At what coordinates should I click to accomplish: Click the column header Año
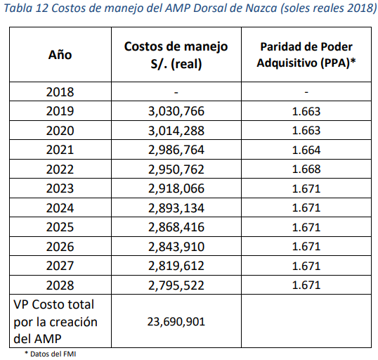tap(60, 55)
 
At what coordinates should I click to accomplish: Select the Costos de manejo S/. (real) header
tap(176, 55)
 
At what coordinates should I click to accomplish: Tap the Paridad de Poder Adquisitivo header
tap(306, 55)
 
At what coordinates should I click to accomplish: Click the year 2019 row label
tap(60, 111)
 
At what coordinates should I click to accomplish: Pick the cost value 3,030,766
tap(176, 111)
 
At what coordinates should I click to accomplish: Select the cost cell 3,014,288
tap(176, 131)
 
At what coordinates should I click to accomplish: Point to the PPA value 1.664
tap(306, 150)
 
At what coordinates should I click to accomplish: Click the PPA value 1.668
tap(306, 169)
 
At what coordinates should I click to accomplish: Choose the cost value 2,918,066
tap(176, 188)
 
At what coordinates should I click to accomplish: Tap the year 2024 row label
tap(60, 208)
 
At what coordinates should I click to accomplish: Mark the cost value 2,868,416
tap(176, 227)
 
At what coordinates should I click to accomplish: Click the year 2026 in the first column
tap(60, 247)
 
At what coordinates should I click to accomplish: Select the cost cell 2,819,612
tap(176, 266)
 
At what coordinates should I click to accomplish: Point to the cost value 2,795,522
tap(176, 285)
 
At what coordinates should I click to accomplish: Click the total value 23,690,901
tap(176, 321)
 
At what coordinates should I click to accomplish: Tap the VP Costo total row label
tap(56, 321)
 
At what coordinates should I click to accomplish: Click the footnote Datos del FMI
tap(51, 354)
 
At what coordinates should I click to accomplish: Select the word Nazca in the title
tap(261, 8)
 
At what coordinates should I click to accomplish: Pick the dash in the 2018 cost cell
tap(176, 92)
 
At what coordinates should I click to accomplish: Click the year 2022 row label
tap(60, 169)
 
